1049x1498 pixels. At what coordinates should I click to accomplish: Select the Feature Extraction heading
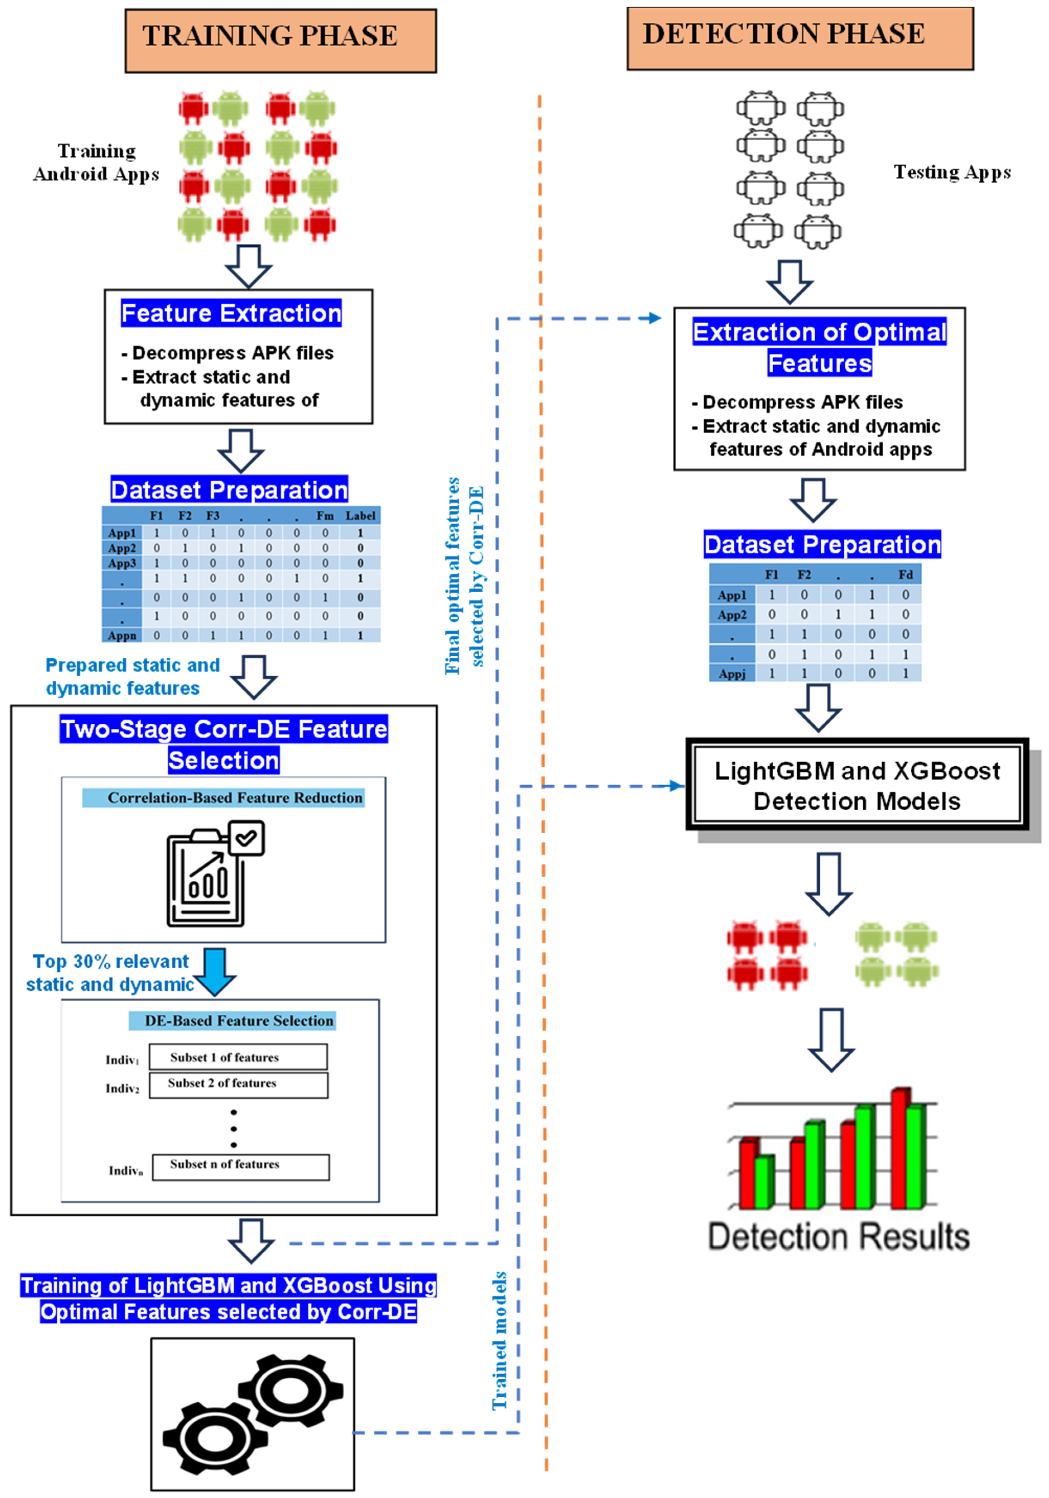coord(232,313)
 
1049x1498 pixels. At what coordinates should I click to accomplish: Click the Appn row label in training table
coord(122,635)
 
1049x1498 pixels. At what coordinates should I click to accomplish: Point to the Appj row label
coord(732,673)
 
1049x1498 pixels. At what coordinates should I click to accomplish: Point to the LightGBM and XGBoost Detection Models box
coord(857,785)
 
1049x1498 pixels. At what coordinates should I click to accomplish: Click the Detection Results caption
coord(839,1236)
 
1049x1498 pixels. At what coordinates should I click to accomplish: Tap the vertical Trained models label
coord(499,1341)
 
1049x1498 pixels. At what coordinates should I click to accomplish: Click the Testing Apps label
coord(952,172)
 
